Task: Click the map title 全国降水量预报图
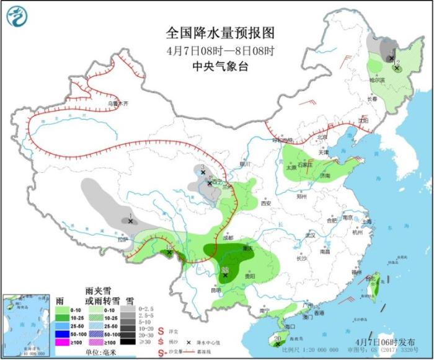(220, 32)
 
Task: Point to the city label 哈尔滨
(376, 80)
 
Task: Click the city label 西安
(267, 203)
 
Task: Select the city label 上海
(367, 221)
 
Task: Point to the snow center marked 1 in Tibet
(131, 221)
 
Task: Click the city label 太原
(291, 167)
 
